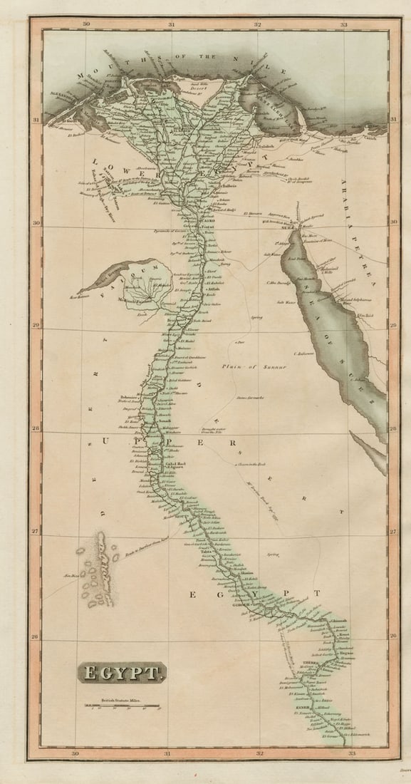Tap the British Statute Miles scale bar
[x=123, y=706]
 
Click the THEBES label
[x=308, y=663]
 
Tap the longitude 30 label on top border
[x=85, y=24]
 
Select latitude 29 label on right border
[x=392, y=325]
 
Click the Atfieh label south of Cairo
[x=212, y=290]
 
